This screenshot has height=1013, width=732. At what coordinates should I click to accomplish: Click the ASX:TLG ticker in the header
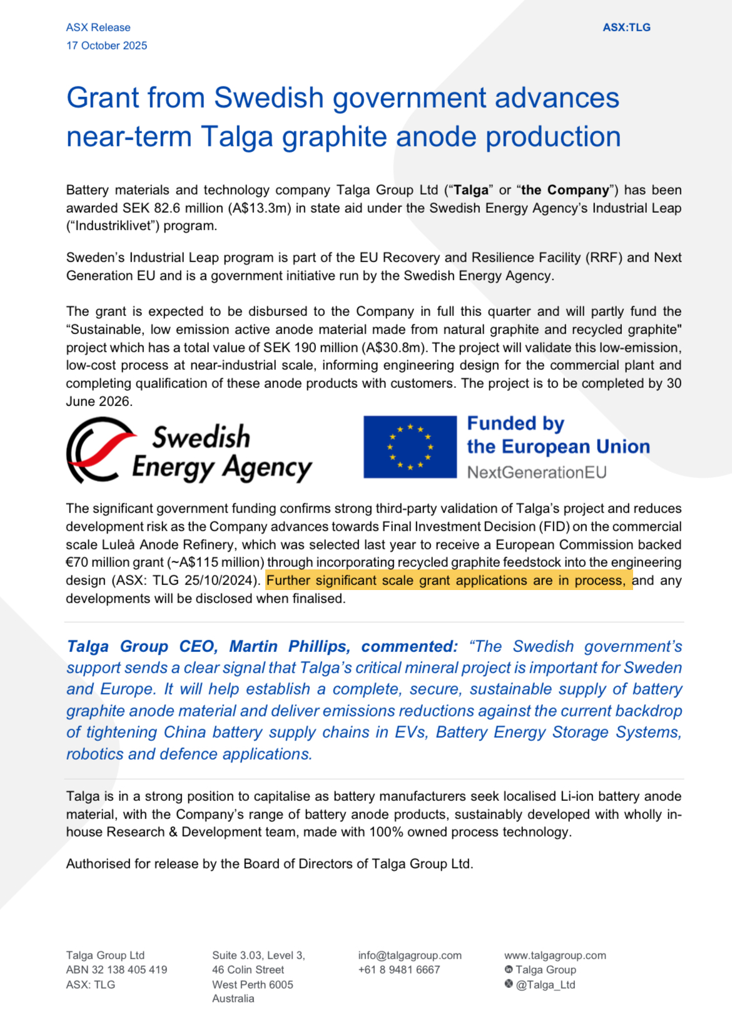pos(626,28)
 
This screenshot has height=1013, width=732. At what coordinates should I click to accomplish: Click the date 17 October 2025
pos(107,46)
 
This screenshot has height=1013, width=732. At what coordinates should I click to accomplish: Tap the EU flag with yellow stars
pos(410,447)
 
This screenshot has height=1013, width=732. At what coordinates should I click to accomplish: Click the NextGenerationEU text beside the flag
pos(537,472)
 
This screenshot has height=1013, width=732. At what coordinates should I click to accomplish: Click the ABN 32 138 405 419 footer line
pos(116,970)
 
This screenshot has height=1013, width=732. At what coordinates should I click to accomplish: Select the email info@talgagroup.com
pos(410,955)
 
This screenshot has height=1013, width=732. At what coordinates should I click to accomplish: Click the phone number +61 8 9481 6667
pos(399,970)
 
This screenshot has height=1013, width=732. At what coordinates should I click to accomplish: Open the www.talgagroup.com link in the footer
pos(555,955)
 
